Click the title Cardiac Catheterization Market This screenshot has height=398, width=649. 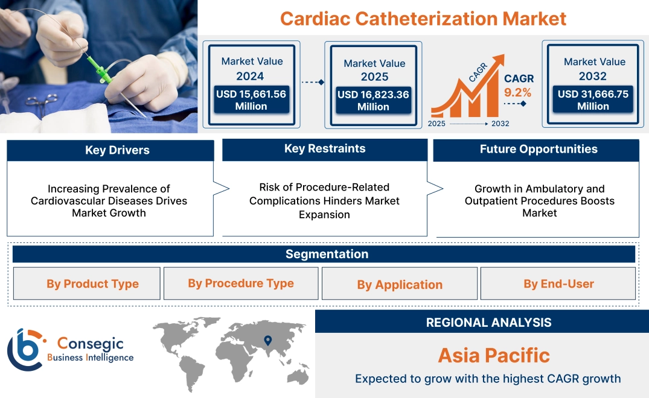[423, 18]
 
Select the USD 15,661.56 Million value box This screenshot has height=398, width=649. [251, 100]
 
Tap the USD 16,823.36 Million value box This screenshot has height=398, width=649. [373, 101]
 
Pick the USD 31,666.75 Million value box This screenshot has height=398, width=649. [593, 100]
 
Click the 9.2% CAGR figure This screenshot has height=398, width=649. [517, 92]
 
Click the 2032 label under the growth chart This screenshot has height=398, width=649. [500, 124]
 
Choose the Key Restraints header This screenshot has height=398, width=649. [325, 149]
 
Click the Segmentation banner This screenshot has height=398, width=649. [327, 254]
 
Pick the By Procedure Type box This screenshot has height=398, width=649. [240, 283]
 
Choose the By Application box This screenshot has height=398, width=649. [400, 284]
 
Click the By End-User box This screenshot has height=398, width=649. [558, 283]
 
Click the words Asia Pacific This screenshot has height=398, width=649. [494, 355]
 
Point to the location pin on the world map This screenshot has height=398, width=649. [268, 341]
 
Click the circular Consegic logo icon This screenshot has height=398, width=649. [25, 349]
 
